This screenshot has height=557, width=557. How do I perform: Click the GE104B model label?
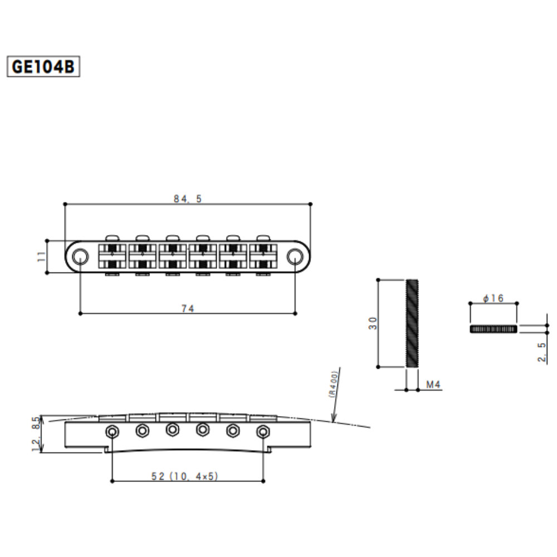[x=43, y=66]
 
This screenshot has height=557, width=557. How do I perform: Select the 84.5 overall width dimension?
[x=187, y=199]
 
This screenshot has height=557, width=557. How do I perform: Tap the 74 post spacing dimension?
[x=188, y=309]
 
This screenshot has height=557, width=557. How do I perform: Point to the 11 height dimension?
[x=40, y=256]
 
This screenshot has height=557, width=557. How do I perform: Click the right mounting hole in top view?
[x=295, y=256]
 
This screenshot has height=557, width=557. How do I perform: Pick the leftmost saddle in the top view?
[x=113, y=256]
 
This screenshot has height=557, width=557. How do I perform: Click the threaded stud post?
[x=412, y=323]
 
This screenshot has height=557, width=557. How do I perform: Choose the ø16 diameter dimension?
[x=494, y=299]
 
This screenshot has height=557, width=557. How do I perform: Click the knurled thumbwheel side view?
[x=494, y=329]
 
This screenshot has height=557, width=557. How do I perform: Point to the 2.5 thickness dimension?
[x=542, y=353]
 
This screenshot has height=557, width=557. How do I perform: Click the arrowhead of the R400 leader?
[x=333, y=422]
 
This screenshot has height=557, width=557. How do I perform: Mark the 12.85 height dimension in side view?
[x=37, y=434]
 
